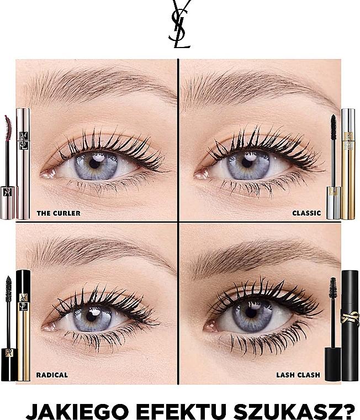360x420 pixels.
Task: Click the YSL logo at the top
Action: tap(179, 24)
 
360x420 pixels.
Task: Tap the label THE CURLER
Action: tap(59, 213)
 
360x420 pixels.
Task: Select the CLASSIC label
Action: tap(306, 213)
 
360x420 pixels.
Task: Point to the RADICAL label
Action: tap(52, 375)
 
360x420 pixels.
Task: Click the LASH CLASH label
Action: tap(298, 375)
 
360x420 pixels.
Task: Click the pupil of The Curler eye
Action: tap(94, 164)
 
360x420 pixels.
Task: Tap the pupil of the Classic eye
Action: tap(247, 162)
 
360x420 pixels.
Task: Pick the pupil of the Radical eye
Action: tap(91, 317)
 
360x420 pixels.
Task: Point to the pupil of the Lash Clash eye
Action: tap(251, 313)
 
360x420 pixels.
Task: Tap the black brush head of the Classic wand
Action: tap(333, 128)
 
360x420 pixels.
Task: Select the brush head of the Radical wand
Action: tap(9, 289)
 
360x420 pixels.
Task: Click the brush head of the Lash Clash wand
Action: tap(333, 288)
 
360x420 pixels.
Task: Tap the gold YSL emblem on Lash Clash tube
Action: tap(350, 318)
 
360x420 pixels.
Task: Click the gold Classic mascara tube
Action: tap(348, 164)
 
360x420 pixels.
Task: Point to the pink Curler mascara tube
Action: tap(23, 164)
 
